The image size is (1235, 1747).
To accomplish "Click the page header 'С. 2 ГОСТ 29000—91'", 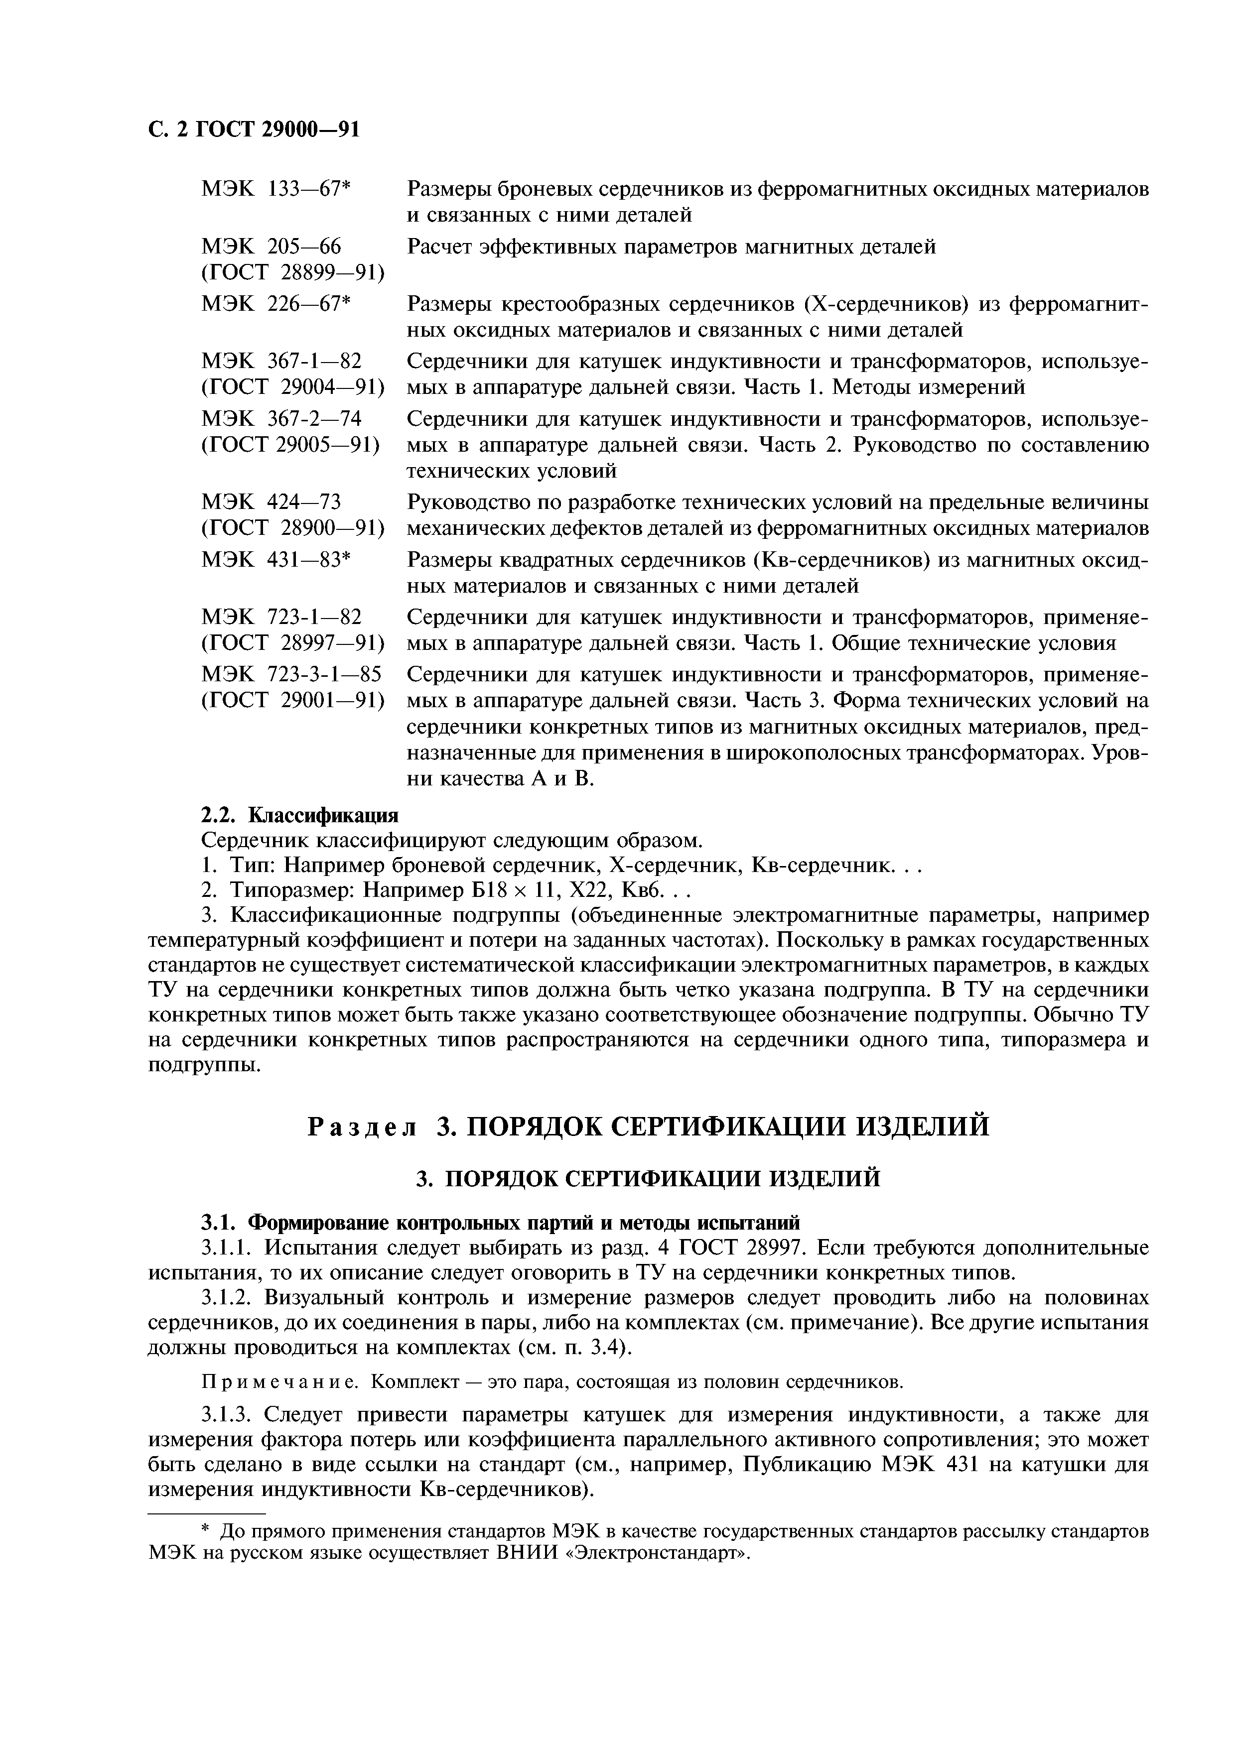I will (253, 130).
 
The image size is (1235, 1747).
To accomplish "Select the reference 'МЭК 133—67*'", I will (275, 189).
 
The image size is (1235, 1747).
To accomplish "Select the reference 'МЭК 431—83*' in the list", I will (275, 560).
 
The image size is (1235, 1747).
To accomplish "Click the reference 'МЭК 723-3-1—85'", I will (290, 674).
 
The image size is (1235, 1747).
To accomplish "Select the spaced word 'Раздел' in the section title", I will (362, 1126).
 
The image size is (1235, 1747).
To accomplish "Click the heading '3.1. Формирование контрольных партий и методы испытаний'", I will (500, 1223).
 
